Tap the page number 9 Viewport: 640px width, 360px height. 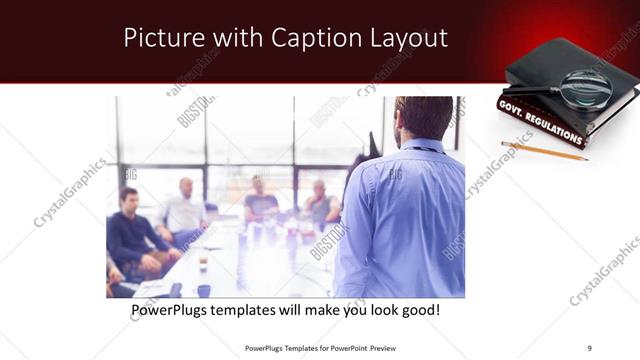[x=589, y=347]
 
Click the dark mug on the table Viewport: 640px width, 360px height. [x=203, y=290]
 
